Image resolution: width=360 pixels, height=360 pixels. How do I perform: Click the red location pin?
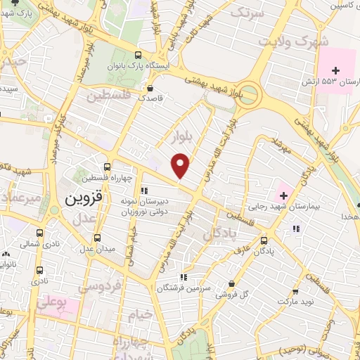[181, 165]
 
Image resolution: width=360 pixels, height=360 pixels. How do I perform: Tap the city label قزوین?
[84, 198]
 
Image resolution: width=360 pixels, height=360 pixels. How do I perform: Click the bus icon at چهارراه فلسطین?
[107, 167]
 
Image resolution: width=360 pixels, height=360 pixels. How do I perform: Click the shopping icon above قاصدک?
[150, 89]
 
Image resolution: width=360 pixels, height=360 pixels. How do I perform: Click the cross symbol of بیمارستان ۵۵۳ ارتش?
[335, 70]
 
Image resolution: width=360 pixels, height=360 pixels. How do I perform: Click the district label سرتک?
[250, 13]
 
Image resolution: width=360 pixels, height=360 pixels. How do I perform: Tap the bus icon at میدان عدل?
[97, 238]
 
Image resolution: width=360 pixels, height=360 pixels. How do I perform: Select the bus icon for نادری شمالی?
[39, 232]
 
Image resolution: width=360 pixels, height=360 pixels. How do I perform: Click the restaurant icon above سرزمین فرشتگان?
[184, 277]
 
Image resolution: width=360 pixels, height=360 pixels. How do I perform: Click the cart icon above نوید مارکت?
[295, 290]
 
